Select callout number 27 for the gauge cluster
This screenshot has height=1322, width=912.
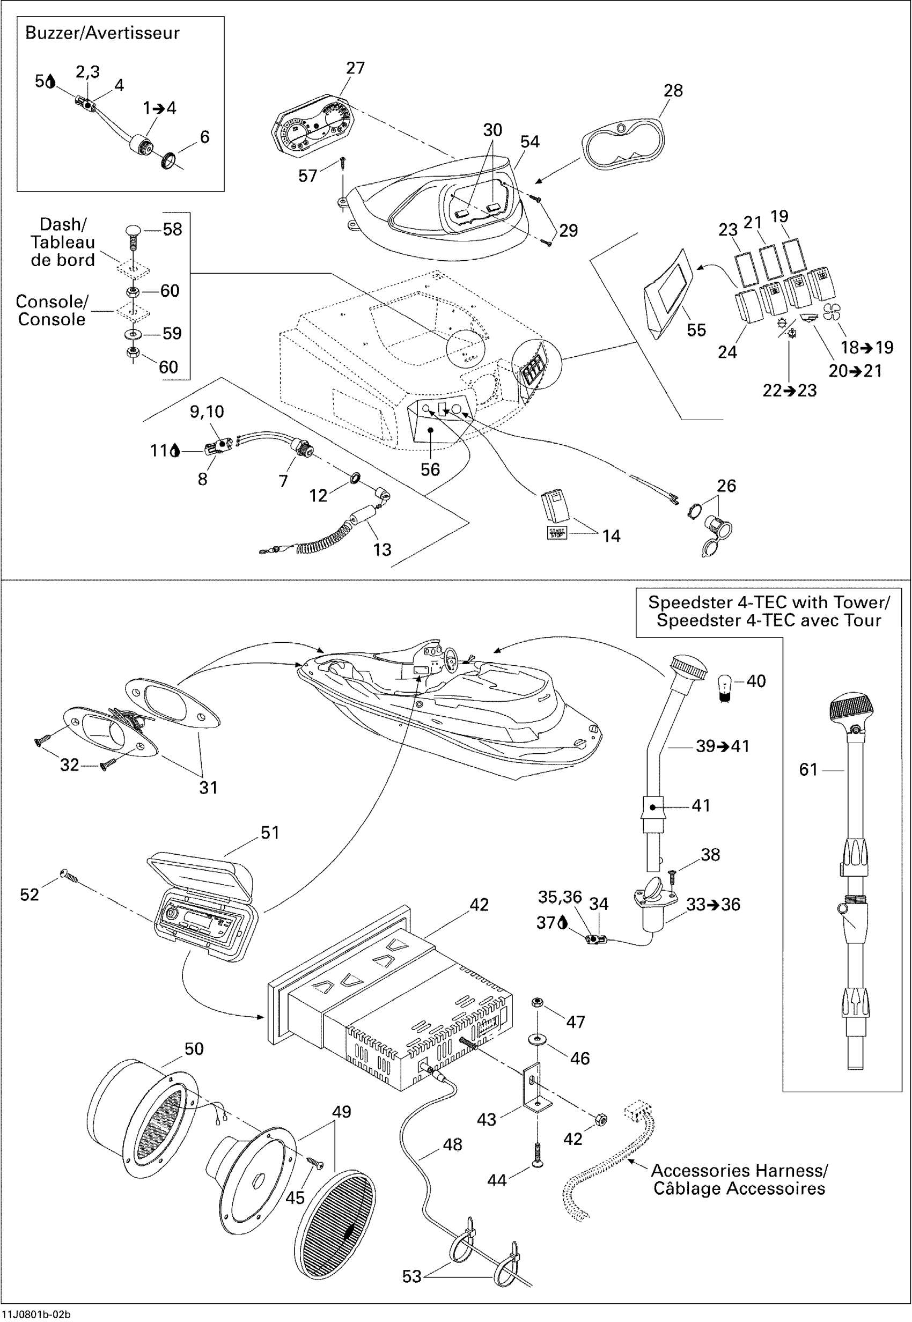[356, 68]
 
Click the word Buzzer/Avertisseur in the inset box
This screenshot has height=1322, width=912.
[102, 33]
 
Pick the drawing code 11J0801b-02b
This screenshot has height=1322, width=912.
[36, 1314]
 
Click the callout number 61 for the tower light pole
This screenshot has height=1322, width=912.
[808, 770]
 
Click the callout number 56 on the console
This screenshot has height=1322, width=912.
[430, 470]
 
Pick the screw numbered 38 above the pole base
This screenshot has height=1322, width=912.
[672, 877]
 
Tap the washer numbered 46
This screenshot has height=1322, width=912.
[537, 1037]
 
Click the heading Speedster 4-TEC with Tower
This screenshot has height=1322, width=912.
[769, 603]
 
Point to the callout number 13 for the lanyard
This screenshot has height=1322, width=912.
[383, 550]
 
